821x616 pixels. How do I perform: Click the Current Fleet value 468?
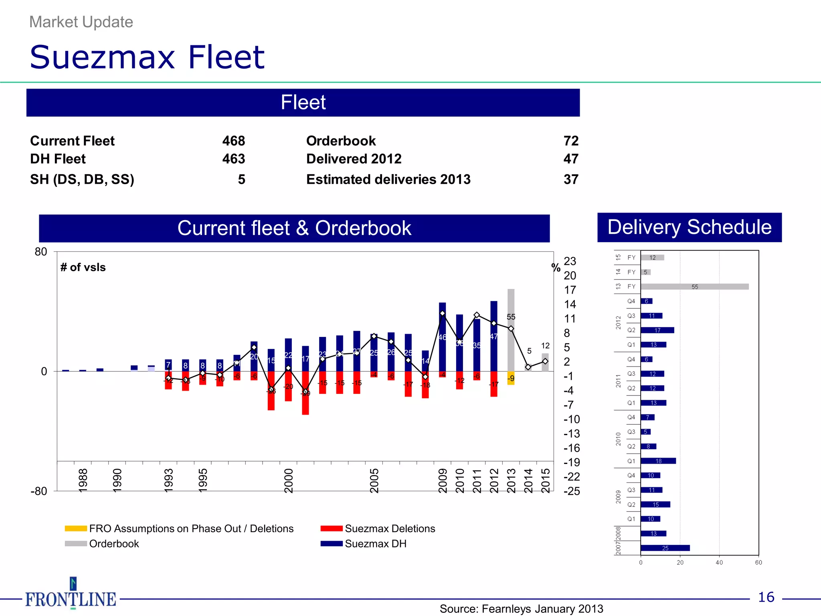(233, 141)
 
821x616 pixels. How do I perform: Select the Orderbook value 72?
(570, 141)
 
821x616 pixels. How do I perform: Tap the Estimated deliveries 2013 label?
(388, 179)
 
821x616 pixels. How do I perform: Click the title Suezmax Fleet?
(147, 57)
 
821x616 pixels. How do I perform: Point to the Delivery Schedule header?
(689, 227)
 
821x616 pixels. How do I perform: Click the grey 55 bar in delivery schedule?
(694, 287)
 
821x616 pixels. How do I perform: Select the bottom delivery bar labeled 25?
(665, 548)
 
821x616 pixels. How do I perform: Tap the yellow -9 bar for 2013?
(511, 378)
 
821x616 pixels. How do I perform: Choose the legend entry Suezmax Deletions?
(389, 529)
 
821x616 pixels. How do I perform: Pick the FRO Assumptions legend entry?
(191, 529)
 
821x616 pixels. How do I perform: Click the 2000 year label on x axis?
(289, 480)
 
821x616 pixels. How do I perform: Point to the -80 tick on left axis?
(39, 491)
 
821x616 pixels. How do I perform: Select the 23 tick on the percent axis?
(570, 261)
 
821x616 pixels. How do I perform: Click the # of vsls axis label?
(83, 267)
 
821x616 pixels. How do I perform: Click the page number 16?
(766, 597)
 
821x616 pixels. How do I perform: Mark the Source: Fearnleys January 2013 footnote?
(521, 609)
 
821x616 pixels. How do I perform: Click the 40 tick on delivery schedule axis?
(719, 563)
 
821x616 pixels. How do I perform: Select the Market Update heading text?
(81, 22)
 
